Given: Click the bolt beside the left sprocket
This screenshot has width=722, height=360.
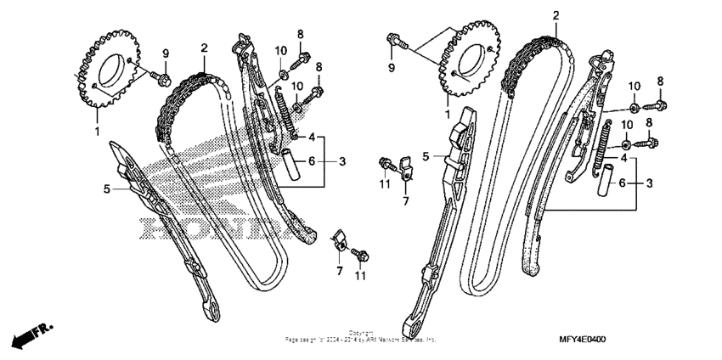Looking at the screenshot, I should [x=161, y=79].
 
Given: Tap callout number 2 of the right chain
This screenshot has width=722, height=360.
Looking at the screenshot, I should [x=555, y=15].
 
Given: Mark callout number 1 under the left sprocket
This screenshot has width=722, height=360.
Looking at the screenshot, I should [x=96, y=132].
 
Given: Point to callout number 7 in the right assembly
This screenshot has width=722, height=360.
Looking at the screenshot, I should [x=405, y=201].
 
